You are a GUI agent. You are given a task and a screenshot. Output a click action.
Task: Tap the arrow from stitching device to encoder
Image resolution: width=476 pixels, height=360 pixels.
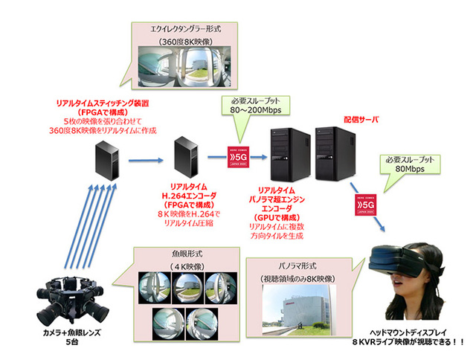(x=145, y=158)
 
